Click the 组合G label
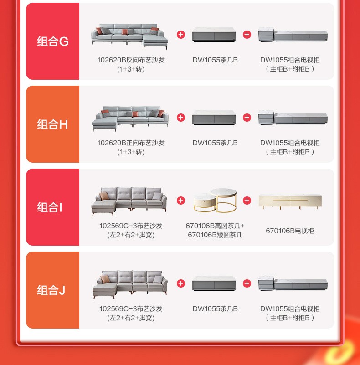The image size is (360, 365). (x=52, y=41)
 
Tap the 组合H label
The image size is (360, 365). (x=52, y=124)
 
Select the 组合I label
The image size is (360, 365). (x=50, y=207)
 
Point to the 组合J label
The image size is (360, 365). (x=51, y=290)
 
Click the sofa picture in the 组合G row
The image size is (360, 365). (x=129, y=36)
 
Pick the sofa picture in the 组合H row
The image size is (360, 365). (x=130, y=119)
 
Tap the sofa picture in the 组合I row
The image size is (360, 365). (x=129, y=201)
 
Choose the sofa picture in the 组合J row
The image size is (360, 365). (x=130, y=284)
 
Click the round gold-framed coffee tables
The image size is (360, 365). (x=215, y=200)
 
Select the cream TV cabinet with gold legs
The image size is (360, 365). (x=290, y=201)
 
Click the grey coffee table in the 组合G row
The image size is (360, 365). (x=214, y=35)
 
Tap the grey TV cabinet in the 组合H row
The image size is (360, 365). (x=293, y=118)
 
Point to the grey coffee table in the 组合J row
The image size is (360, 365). (x=214, y=283)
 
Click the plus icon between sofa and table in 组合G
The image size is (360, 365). (x=181, y=35)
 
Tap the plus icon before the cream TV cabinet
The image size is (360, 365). (x=247, y=200)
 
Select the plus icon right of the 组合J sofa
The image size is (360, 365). (x=181, y=283)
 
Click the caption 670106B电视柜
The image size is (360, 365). (x=290, y=231)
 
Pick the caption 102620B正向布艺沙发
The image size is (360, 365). (x=131, y=143)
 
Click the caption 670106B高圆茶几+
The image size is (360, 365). (x=215, y=226)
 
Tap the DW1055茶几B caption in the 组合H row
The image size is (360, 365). (x=215, y=143)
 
